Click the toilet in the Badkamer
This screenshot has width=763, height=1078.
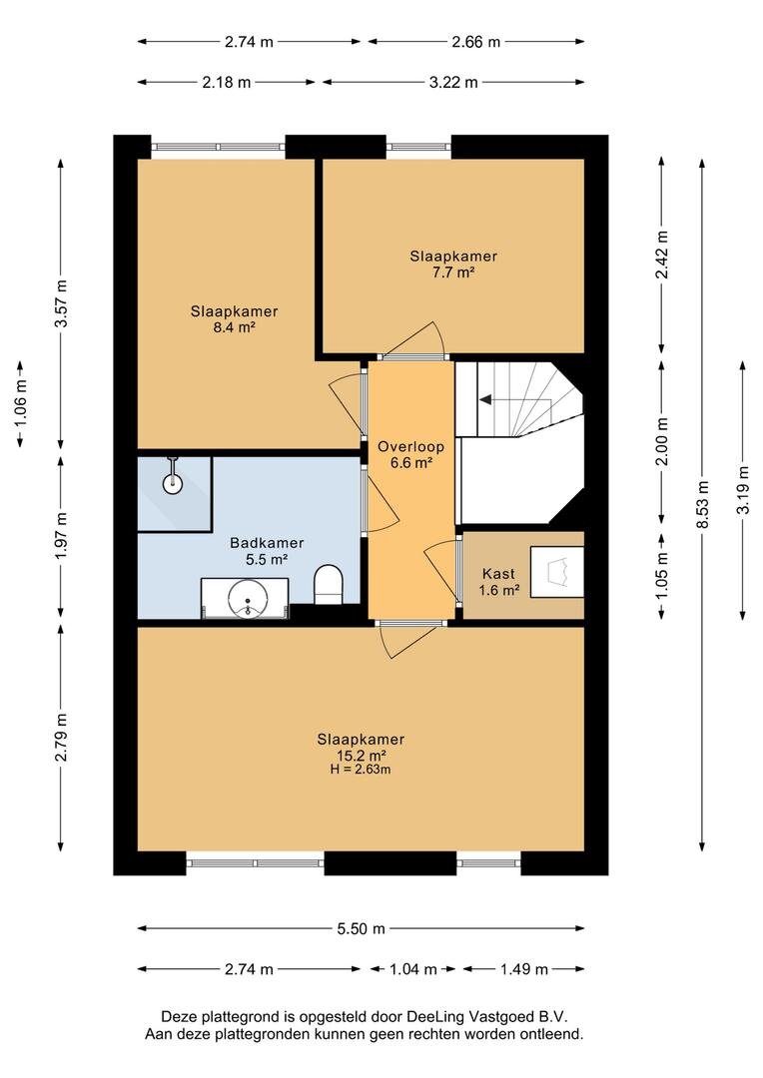tap(329, 585)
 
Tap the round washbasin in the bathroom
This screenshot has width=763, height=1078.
tap(247, 600)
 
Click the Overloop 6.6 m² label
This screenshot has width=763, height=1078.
tap(410, 454)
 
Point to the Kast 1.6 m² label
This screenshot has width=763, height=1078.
tap(498, 582)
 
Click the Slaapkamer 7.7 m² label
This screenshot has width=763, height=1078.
tap(453, 264)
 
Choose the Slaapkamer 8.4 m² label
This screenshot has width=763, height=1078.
tap(234, 319)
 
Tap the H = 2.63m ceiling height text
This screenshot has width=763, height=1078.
tap(361, 770)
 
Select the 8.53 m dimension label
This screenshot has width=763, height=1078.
tap(702, 505)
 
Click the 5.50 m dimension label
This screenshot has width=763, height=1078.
tap(362, 929)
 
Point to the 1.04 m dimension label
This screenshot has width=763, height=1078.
tap(413, 969)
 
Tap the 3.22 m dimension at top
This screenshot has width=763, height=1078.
tap(453, 83)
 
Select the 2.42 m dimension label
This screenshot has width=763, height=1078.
tap(662, 254)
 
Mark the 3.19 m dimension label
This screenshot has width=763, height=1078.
tap(742, 490)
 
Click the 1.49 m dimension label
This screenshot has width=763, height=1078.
tap(524, 969)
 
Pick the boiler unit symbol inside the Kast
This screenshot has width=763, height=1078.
tap(557, 572)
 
